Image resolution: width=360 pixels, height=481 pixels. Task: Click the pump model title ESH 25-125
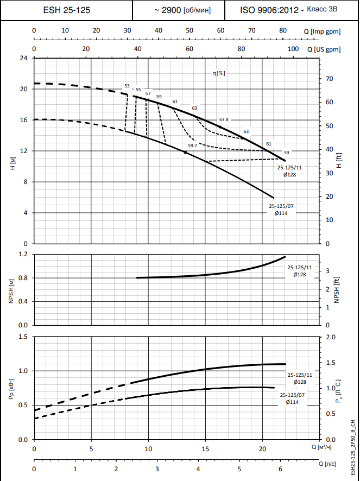click(x=67, y=10)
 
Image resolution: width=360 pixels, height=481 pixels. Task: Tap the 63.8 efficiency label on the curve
click(x=224, y=119)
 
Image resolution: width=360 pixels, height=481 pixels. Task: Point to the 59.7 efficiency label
click(x=192, y=145)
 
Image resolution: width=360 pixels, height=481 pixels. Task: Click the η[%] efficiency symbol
click(x=219, y=73)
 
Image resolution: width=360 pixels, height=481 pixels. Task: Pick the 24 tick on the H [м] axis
click(x=23, y=58)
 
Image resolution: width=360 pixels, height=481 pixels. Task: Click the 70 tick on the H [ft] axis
click(x=329, y=79)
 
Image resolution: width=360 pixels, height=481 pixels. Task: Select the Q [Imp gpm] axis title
click(x=323, y=31)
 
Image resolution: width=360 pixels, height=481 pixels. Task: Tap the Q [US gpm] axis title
click(x=324, y=49)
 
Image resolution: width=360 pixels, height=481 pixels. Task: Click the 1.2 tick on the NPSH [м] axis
click(x=23, y=254)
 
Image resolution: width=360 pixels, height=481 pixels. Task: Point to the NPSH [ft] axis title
click(x=337, y=289)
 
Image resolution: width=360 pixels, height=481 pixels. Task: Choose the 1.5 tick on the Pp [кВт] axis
click(x=23, y=337)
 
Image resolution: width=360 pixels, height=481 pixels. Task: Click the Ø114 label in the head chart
click(x=281, y=213)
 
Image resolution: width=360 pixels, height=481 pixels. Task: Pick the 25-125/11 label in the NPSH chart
click(x=300, y=268)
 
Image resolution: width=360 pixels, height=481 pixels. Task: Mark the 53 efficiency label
click(x=127, y=86)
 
